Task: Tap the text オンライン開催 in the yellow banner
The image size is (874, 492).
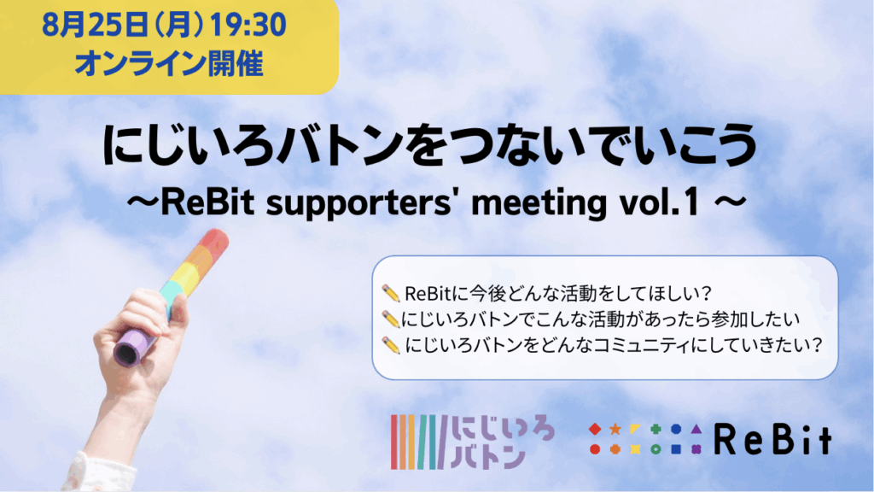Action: click(169, 63)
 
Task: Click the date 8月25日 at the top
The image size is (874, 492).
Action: click(95, 26)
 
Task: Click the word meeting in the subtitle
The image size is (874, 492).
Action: click(539, 203)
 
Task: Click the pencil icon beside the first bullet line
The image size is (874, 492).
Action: click(391, 293)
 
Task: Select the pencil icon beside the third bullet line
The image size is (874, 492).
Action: click(391, 345)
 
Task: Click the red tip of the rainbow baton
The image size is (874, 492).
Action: click(215, 243)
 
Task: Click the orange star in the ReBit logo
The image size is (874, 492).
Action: click(615, 429)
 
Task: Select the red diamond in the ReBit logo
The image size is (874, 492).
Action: click(595, 429)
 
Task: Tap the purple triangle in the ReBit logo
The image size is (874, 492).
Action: click(696, 429)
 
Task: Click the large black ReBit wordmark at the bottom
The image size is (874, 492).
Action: click(772, 439)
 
